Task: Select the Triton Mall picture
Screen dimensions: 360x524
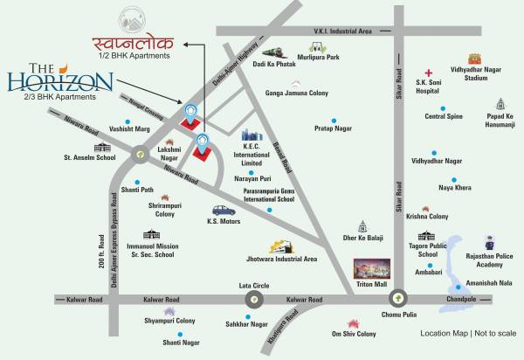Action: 373,269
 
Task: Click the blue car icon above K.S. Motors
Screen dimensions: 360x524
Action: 224,211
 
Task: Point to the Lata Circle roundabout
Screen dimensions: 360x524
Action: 251,299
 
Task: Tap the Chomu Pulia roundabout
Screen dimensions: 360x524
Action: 397,299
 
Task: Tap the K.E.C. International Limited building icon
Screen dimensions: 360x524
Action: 253,138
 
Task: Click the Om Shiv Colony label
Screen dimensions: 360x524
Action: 354,334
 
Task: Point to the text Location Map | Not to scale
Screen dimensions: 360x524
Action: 466,333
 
